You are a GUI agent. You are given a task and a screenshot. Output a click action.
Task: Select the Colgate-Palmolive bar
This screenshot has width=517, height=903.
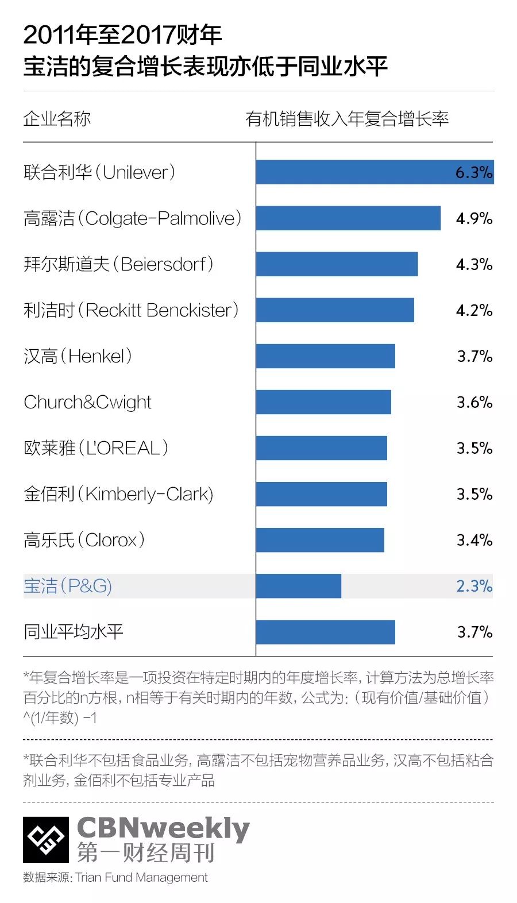(348, 218)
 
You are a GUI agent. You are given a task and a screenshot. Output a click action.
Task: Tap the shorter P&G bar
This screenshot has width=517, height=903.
(298, 586)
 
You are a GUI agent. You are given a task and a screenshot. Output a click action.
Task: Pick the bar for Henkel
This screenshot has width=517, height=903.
(325, 356)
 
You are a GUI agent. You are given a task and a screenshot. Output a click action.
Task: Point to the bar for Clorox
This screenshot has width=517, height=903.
(320, 540)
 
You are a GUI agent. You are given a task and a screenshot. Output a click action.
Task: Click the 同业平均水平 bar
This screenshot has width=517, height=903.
(325, 632)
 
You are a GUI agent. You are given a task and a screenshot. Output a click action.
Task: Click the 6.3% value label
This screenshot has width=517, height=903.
(474, 172)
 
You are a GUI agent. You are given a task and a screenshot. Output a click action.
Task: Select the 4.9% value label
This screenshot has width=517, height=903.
(474, 218)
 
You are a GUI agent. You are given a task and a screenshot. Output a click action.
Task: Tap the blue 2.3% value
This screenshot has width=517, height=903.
(474, 586)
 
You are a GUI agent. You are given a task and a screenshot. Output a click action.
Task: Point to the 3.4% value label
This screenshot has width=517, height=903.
(474, 540)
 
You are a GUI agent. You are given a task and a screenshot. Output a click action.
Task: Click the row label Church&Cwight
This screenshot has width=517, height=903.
(87, 402)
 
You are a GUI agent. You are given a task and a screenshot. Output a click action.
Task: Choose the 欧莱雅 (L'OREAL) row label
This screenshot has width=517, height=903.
(96, 448)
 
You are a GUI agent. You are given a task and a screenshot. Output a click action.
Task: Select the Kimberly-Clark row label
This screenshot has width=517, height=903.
(118, 494)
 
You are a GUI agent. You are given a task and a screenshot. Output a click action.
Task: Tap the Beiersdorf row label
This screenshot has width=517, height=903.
(118, 264)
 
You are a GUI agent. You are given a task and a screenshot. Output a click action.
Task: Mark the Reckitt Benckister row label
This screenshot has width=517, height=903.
(131, 310)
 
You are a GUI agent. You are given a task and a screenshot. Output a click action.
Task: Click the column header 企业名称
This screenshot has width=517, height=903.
(57, 119)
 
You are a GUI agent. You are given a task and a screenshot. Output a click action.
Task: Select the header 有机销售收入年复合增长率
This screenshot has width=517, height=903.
(347, 119)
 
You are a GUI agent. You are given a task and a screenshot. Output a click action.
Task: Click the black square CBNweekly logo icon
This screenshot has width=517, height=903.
(46, 839)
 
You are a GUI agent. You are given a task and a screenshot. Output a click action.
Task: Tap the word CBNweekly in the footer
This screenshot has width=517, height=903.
(163, 828)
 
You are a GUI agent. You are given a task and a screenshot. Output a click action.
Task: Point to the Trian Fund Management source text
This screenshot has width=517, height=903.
(141, 877)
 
